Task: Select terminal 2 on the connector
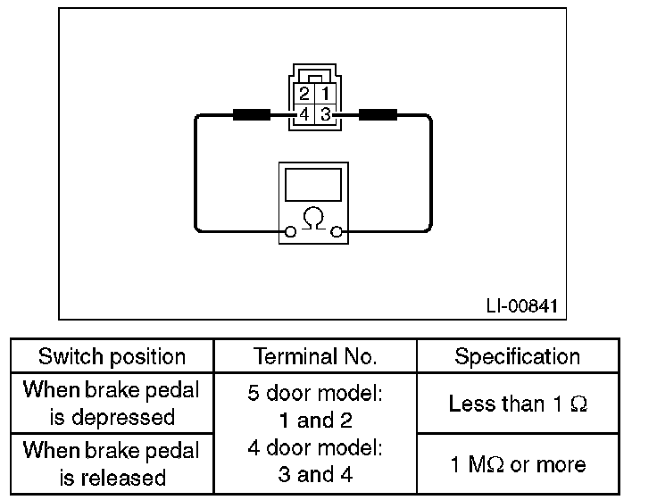[x=304, y=94]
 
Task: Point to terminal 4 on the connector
[x=304, y=114]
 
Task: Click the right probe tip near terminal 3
[x=378, y=114]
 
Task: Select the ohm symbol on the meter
[x=312, y=218]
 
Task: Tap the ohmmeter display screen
[x=312, y=186]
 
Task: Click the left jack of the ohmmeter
[x=289, y=234]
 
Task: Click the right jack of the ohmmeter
[x=337, y=234]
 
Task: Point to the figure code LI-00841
[x=521, y=305]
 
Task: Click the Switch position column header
[x=112, y=357]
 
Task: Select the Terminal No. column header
[x=315, y=357]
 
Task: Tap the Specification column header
[x=518, y=357]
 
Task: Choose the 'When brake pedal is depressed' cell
[x=112, y=404]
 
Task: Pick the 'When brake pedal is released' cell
[x=112, y=464]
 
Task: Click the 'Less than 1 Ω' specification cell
[x=518, y=404]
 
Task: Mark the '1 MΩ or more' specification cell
[x=518, y=464]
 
